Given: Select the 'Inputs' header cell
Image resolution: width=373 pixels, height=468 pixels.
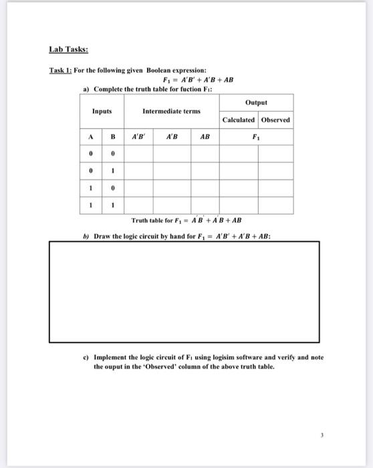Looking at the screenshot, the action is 102,111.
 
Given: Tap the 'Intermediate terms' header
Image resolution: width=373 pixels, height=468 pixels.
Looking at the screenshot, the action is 171,111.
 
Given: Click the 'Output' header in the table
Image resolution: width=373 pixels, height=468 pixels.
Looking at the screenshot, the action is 256,102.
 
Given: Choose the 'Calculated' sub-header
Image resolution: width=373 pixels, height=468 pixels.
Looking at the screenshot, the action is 239,120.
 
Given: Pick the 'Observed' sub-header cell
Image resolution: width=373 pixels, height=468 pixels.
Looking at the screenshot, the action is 275,120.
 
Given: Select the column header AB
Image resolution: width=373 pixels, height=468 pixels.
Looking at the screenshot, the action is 205,138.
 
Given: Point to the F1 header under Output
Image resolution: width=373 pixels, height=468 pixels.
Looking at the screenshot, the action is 256,138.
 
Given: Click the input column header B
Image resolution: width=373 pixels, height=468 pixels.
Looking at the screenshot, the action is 114,138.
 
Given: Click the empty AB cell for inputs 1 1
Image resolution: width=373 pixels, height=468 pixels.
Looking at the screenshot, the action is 205,205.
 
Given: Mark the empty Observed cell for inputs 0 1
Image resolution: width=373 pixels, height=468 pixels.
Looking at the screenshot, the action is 275,171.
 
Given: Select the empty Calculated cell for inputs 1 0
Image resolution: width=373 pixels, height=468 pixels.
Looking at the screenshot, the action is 239,188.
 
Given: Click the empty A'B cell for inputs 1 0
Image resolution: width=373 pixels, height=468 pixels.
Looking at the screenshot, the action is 172,188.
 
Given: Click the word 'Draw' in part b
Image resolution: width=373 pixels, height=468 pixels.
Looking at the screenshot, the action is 102,236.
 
